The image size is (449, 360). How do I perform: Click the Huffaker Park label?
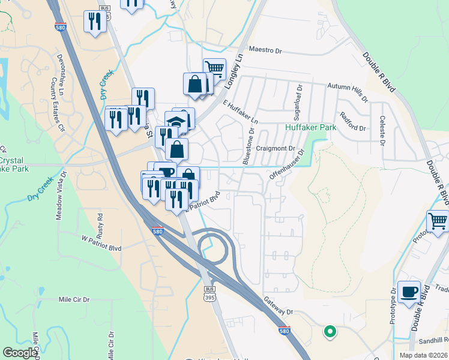pyautogui.click(x=310, y=128)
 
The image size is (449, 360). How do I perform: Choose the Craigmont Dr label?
pyautogui.click(x=277, y=148)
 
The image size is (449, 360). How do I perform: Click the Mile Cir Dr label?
pyautogui.click(x=74, y=299)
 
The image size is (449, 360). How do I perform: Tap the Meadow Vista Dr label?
pyautogui.click(x=60, y=197)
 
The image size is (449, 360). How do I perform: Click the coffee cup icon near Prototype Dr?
pyautogui.click(x=409, y=292)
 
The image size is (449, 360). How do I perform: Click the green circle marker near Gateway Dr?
pyautogui.click(x=329, y=330)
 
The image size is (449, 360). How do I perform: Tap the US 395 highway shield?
pyautogui.click(x=209, y=294)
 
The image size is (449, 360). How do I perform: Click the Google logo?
pyautogui.click(x=20, y=353)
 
